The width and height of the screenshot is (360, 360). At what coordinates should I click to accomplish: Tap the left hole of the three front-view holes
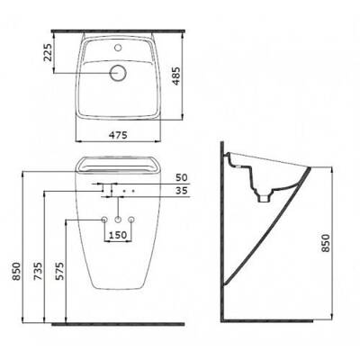103,221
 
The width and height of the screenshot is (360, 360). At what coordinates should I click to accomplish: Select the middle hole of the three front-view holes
119,221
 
